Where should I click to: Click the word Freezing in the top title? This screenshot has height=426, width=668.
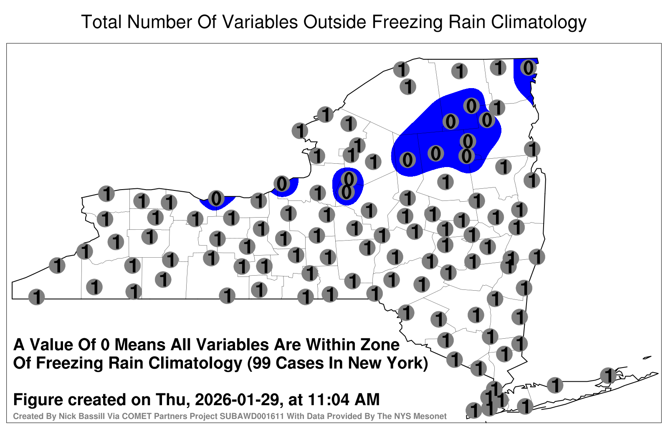(406, 22)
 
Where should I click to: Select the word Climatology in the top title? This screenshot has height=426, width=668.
(539, 22)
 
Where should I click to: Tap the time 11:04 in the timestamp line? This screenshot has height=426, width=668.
(327, 399)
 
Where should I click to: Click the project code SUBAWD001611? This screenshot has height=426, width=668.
(252, 416)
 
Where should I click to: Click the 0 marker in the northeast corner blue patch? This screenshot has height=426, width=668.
(529, 68)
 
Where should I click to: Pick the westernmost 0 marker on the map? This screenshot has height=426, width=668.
(216, 198)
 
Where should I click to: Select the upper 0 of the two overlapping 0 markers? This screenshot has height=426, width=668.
(349, 179)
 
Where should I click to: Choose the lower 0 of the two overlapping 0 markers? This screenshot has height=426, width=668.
(346, 193)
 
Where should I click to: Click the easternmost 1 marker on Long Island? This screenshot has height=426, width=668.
(608, 375)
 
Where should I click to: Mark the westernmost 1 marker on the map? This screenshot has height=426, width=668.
(36, 297)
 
